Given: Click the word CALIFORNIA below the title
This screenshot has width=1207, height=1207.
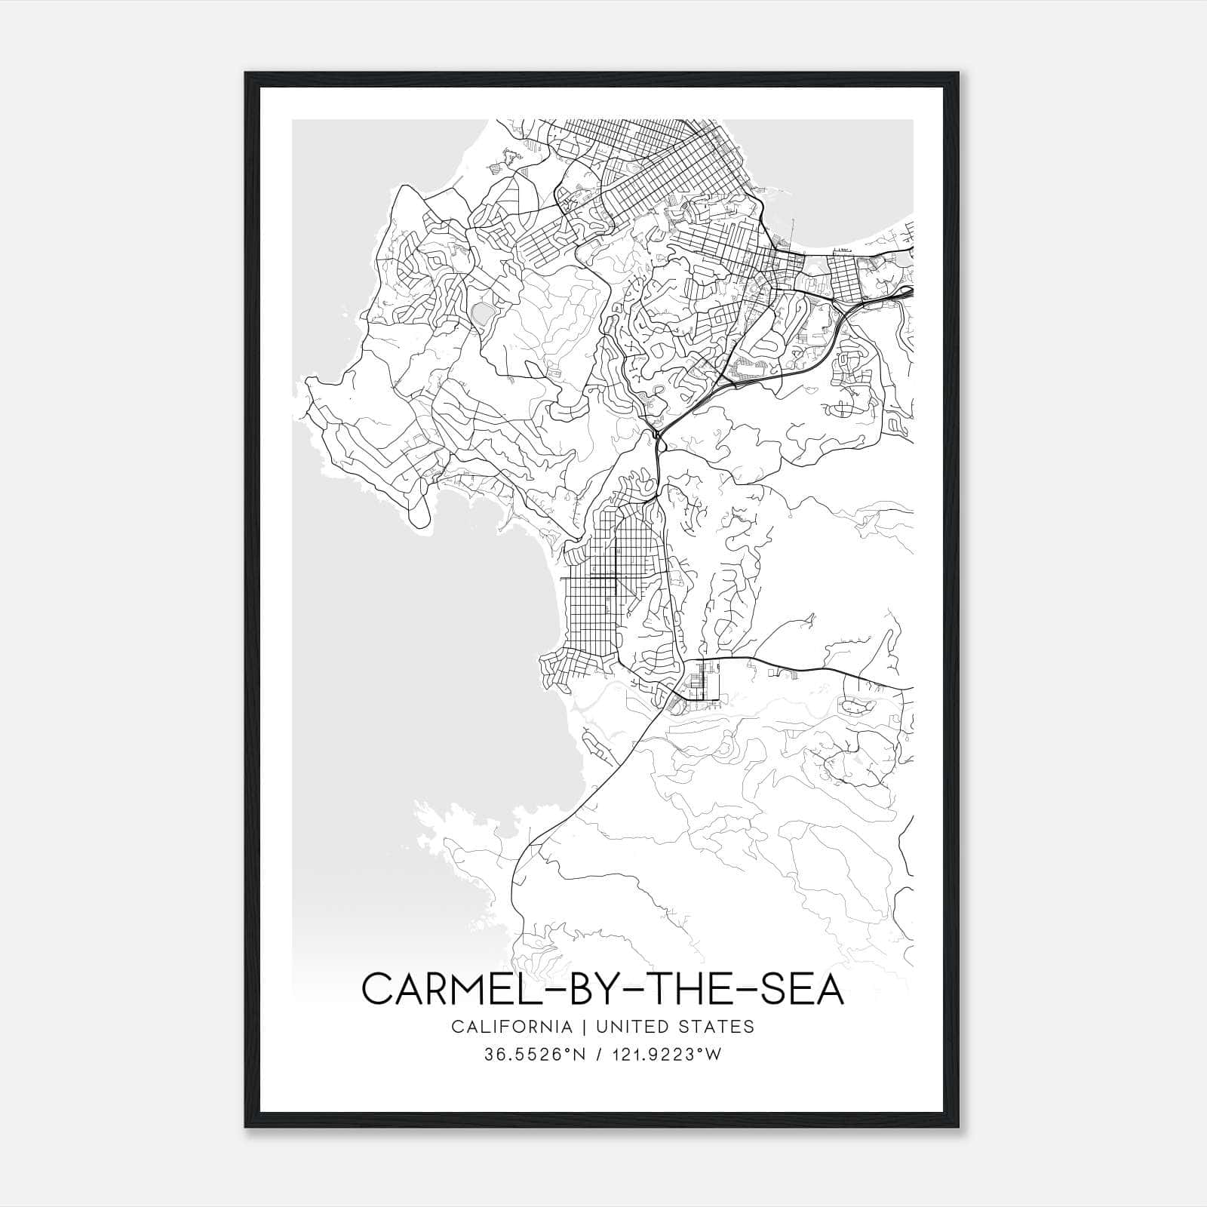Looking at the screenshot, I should (x=511, y=1027).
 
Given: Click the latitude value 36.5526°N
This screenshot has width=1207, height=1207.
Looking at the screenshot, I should (x=534, y=1055).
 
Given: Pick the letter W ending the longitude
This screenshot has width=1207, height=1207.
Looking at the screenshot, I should (x=714, y=1055).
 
